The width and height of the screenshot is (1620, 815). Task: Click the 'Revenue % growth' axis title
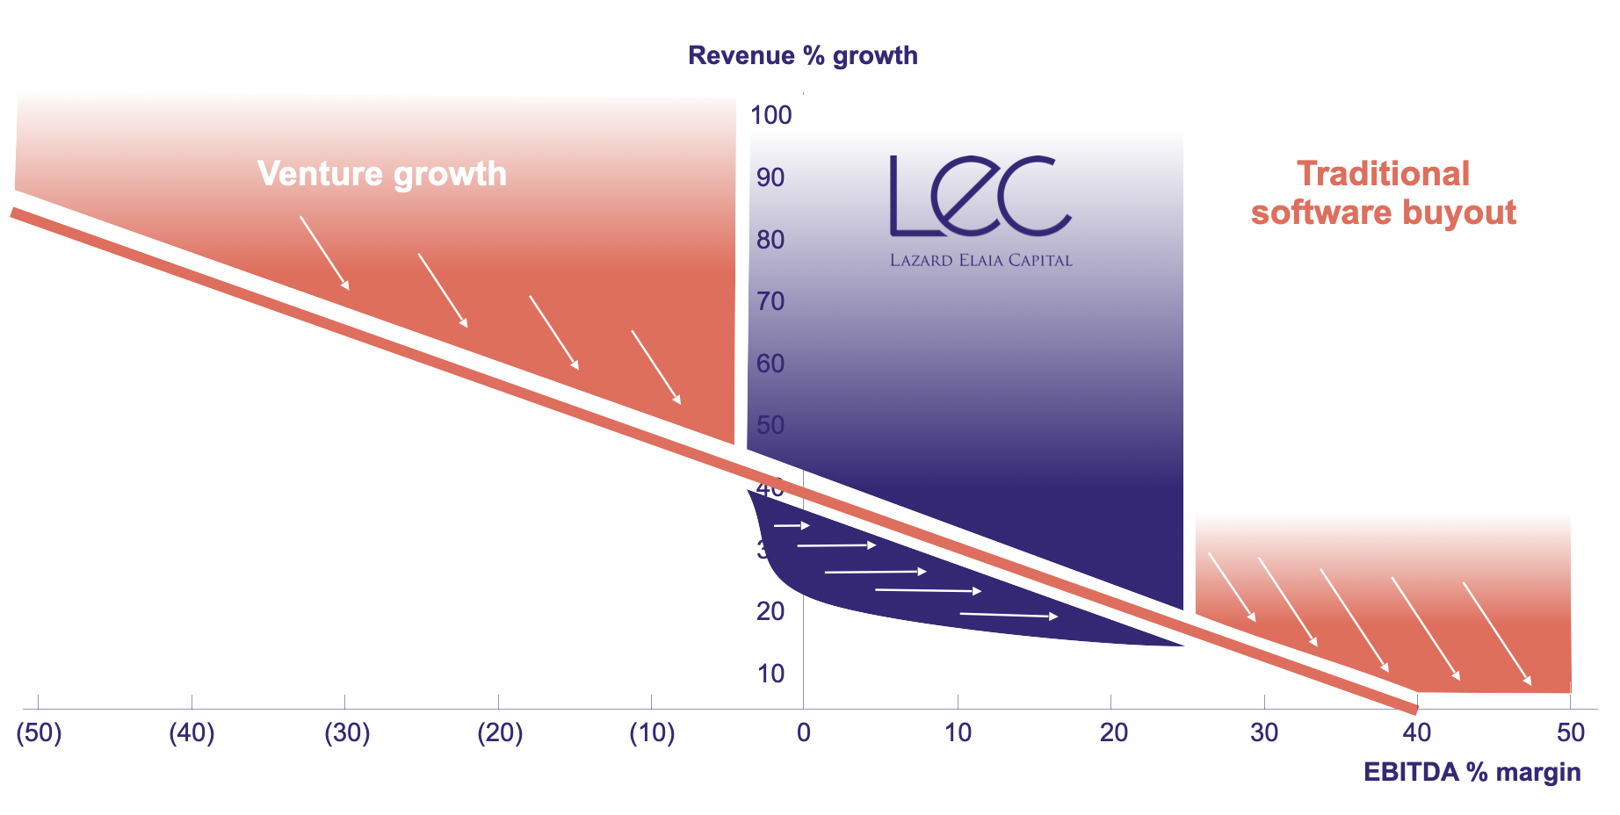(803, 55)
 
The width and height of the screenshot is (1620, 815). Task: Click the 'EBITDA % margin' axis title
(1472, 772)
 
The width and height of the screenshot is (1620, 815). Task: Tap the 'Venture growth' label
(382, 174)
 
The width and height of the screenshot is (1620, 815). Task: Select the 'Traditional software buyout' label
(1383, 193)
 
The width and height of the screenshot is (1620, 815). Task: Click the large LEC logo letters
(980, 197)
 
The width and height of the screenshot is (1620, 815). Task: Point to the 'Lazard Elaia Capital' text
(980, 260)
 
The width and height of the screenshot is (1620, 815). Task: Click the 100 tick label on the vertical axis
(770, 115)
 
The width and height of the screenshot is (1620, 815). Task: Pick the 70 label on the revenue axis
(770, 301)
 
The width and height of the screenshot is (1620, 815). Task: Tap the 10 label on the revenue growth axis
(770, 674)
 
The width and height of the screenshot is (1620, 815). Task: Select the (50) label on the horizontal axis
(39, 732)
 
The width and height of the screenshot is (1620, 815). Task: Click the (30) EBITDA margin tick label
(347, 732)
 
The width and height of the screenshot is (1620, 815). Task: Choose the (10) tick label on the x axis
(652, 732)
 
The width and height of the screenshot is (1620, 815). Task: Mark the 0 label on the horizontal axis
(804, 732)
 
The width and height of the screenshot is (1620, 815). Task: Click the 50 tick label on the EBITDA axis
(1571, 732)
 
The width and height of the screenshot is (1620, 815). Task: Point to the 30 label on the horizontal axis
(1264, 732)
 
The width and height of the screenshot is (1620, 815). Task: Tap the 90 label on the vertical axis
(770, 177)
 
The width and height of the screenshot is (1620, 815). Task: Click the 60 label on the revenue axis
(770, 364)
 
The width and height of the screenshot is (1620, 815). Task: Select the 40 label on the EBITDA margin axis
(1416, 732)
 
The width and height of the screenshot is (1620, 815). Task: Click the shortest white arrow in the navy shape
(792, 525)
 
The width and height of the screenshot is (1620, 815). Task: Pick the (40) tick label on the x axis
(192, 732)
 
